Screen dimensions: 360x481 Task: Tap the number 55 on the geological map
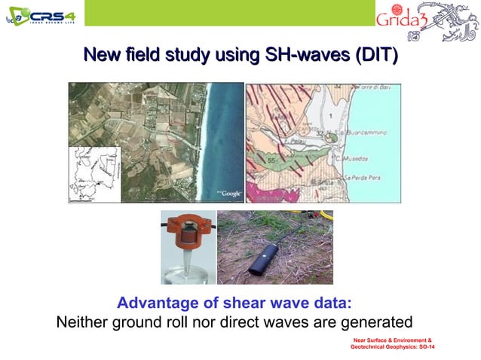point(271,161)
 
